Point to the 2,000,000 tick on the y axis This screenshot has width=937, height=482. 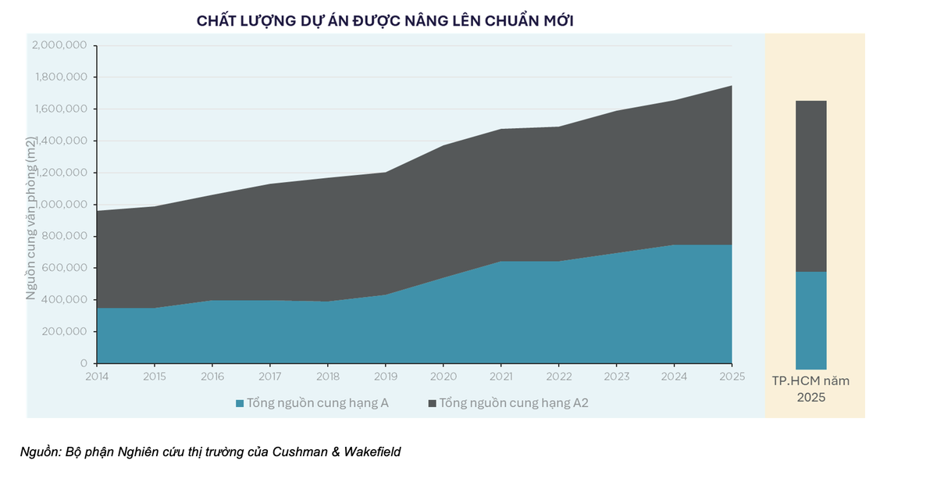coord(59,45)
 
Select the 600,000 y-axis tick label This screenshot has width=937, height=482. coord(66,268)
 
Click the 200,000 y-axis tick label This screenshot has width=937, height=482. coord(66,331)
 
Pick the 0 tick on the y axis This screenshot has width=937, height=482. coord(83,363)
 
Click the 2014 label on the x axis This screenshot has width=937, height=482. coord(97,377)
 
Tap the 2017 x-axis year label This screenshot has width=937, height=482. coord(270,377)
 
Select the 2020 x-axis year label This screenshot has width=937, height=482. coord(443,377)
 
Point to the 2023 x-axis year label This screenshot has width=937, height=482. coord(616,377)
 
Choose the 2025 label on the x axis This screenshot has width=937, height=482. coord(732,377)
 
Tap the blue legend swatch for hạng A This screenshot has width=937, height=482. coord(240,404)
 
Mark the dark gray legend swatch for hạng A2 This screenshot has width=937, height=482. coord(433,404)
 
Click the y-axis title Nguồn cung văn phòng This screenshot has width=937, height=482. coord(31,219)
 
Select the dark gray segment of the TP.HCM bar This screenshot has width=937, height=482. coord(811,186)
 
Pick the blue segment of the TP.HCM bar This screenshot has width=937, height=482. coord(811,320)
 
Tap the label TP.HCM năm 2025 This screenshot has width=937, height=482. coord(811,389)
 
